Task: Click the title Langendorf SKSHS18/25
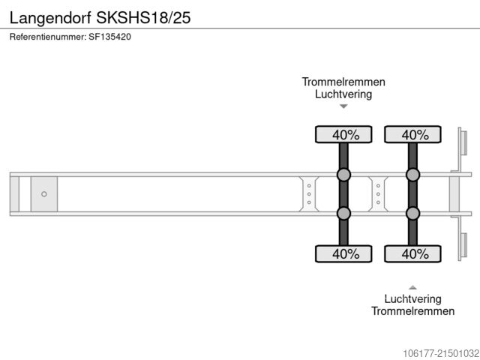click(100, 17)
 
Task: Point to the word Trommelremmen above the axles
click(343, 82)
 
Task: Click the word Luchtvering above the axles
click(343, 94)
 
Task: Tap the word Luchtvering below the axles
click(412, 298)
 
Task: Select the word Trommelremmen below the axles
click(412, 311)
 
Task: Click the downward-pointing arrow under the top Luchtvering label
click(343, 106)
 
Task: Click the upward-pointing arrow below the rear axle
click(412, 286)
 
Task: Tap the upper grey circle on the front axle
click(343, 175)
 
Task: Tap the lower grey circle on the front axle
click(343, 214)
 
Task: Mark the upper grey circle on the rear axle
click(412, 175)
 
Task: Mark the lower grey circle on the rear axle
click(412, 214)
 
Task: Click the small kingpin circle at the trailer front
click(44, 194)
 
